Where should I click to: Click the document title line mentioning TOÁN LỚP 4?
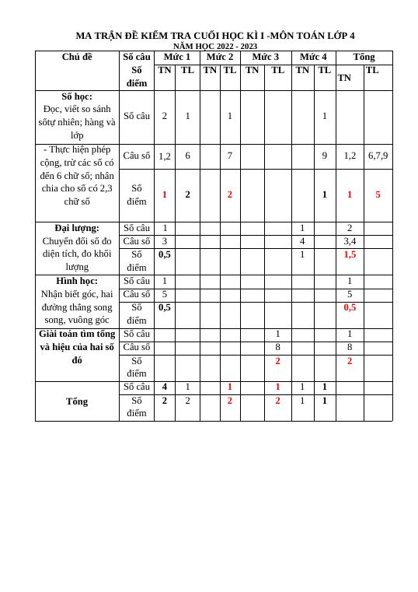coord(214,36)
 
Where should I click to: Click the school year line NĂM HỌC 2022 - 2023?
coord(214,46)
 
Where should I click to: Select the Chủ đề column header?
coord(77,57)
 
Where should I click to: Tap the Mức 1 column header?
coord(176,57)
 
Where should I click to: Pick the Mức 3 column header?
coord(266,57)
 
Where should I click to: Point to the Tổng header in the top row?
coord(364,57)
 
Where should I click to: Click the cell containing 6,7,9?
coord(378,156)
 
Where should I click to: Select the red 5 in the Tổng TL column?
coord(378,194)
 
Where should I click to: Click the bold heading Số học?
coord(77,96)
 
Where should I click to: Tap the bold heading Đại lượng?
coord(77,228)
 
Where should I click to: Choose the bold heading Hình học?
coord(77,281)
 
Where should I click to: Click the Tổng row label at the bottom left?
coord(77,401)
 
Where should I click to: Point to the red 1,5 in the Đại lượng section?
coord(350,254)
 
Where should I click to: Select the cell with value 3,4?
coord(350,241)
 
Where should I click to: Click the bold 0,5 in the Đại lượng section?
coord(165,254)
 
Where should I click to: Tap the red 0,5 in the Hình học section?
coord(350,307)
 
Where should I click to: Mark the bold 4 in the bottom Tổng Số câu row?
coord(165,387)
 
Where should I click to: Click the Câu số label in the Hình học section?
coord(137,294)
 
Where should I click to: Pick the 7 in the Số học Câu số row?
coord(230,156)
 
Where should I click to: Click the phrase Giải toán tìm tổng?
coord(77,334)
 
